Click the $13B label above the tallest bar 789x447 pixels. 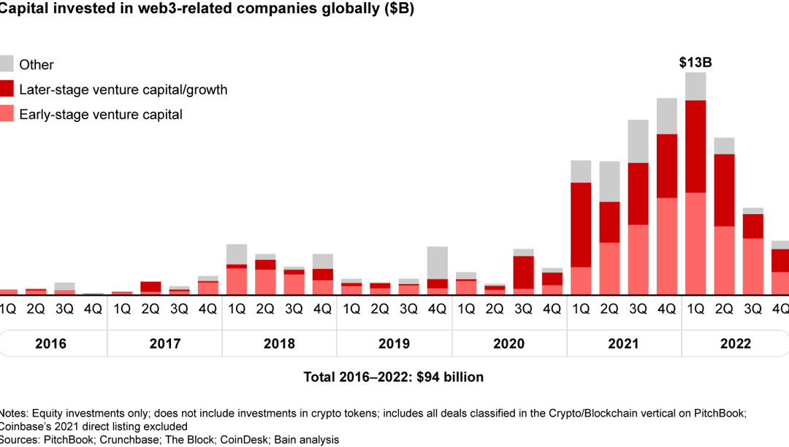click(695, 63)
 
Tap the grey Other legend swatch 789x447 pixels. click(7, 64)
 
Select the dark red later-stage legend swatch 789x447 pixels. click(7, 89)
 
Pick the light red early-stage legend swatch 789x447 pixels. click(7, 114)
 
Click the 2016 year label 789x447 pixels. click(50, 344)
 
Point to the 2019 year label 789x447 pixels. click(394, 344)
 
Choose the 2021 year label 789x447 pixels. click(623, 344)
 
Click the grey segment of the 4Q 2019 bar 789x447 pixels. click(437, 262)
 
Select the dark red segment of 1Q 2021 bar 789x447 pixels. click(581, 224)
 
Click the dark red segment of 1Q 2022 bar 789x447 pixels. click(695, 146)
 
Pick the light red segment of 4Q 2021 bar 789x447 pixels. click(666, 245)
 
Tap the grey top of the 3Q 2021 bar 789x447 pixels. click(638, 141)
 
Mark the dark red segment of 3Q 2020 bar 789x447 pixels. click(523, 272)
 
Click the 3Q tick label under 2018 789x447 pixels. click(294, 309)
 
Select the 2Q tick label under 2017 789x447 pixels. click(150, 309)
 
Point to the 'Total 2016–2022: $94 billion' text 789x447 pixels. click(394, 378)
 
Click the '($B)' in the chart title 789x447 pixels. click(396, 11)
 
